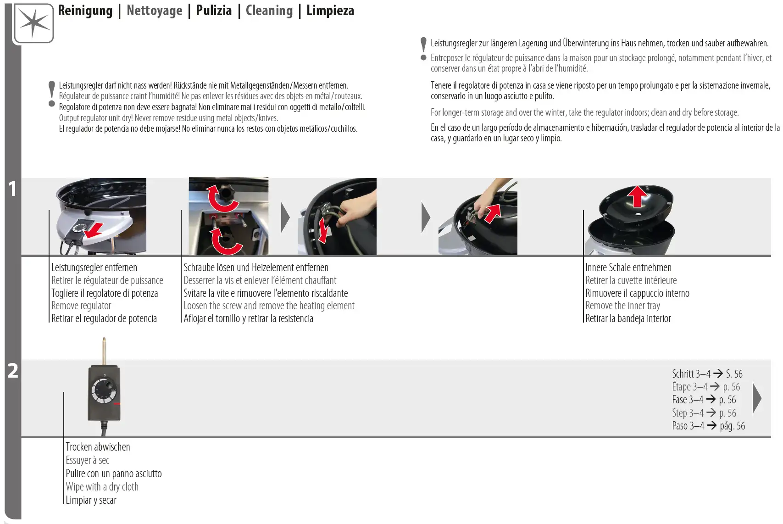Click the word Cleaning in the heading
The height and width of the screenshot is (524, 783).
tap(269, 11)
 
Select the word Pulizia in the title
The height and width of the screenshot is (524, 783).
tap(214, 11)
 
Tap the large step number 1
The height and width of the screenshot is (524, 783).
tap(12, 189)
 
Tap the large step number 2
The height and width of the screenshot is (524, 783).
tap(13, 371)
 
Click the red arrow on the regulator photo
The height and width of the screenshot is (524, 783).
tap(94, 230)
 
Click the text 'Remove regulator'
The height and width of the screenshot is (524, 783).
tap(81, 306)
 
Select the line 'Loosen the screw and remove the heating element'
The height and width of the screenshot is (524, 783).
tap(269, 306)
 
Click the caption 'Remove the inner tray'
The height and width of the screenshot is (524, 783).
tap(622, 306)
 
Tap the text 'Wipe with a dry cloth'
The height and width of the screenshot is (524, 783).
tap(102, 487)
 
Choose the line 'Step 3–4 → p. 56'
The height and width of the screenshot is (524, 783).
tap(704, 413)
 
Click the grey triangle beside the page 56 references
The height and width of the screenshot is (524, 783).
tap(757, 398)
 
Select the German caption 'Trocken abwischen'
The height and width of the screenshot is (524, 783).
tap(98, 447)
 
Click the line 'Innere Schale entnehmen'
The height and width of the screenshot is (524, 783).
tap(628, 268)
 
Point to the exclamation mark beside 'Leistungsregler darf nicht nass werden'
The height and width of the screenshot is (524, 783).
tap(52, 94)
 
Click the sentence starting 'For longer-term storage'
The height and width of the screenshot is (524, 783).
tap(584, 112)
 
